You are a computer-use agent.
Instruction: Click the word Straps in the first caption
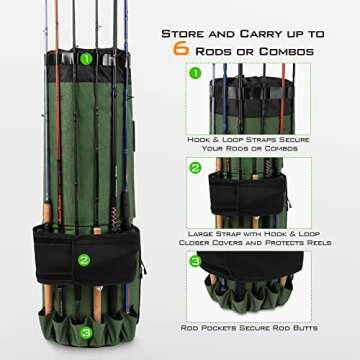pyautogui.click(x=276, y=140)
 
